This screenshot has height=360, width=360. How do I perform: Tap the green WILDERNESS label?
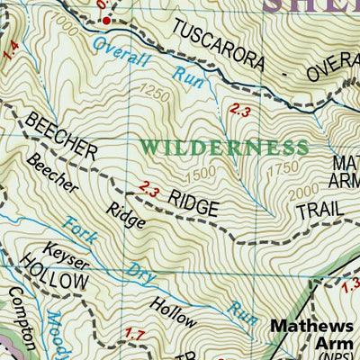click(224, 147)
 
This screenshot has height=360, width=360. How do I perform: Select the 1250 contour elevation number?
click(154, 94)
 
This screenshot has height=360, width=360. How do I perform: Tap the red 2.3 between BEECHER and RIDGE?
click(149, 190)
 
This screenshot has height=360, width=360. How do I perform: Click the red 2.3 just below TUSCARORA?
click(239, 110)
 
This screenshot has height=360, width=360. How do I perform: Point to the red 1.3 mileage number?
click(350, 285)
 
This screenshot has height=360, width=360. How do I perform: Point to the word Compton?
click(22, 319)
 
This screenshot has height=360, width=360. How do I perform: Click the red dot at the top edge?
click(105, 20)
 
